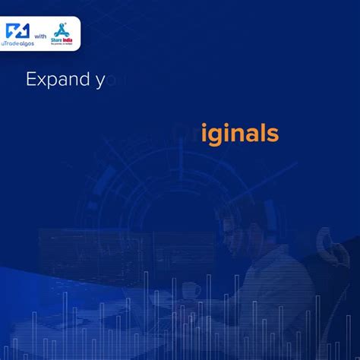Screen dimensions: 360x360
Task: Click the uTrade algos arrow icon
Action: pos(17,31)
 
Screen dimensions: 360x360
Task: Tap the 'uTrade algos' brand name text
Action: pos(19,44)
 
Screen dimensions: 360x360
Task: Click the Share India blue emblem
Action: pos(64,30)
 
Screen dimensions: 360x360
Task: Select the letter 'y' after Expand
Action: pos(99,81)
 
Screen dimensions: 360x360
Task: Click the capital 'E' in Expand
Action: pos(31,80)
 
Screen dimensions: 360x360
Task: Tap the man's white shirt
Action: pos(266,266)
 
